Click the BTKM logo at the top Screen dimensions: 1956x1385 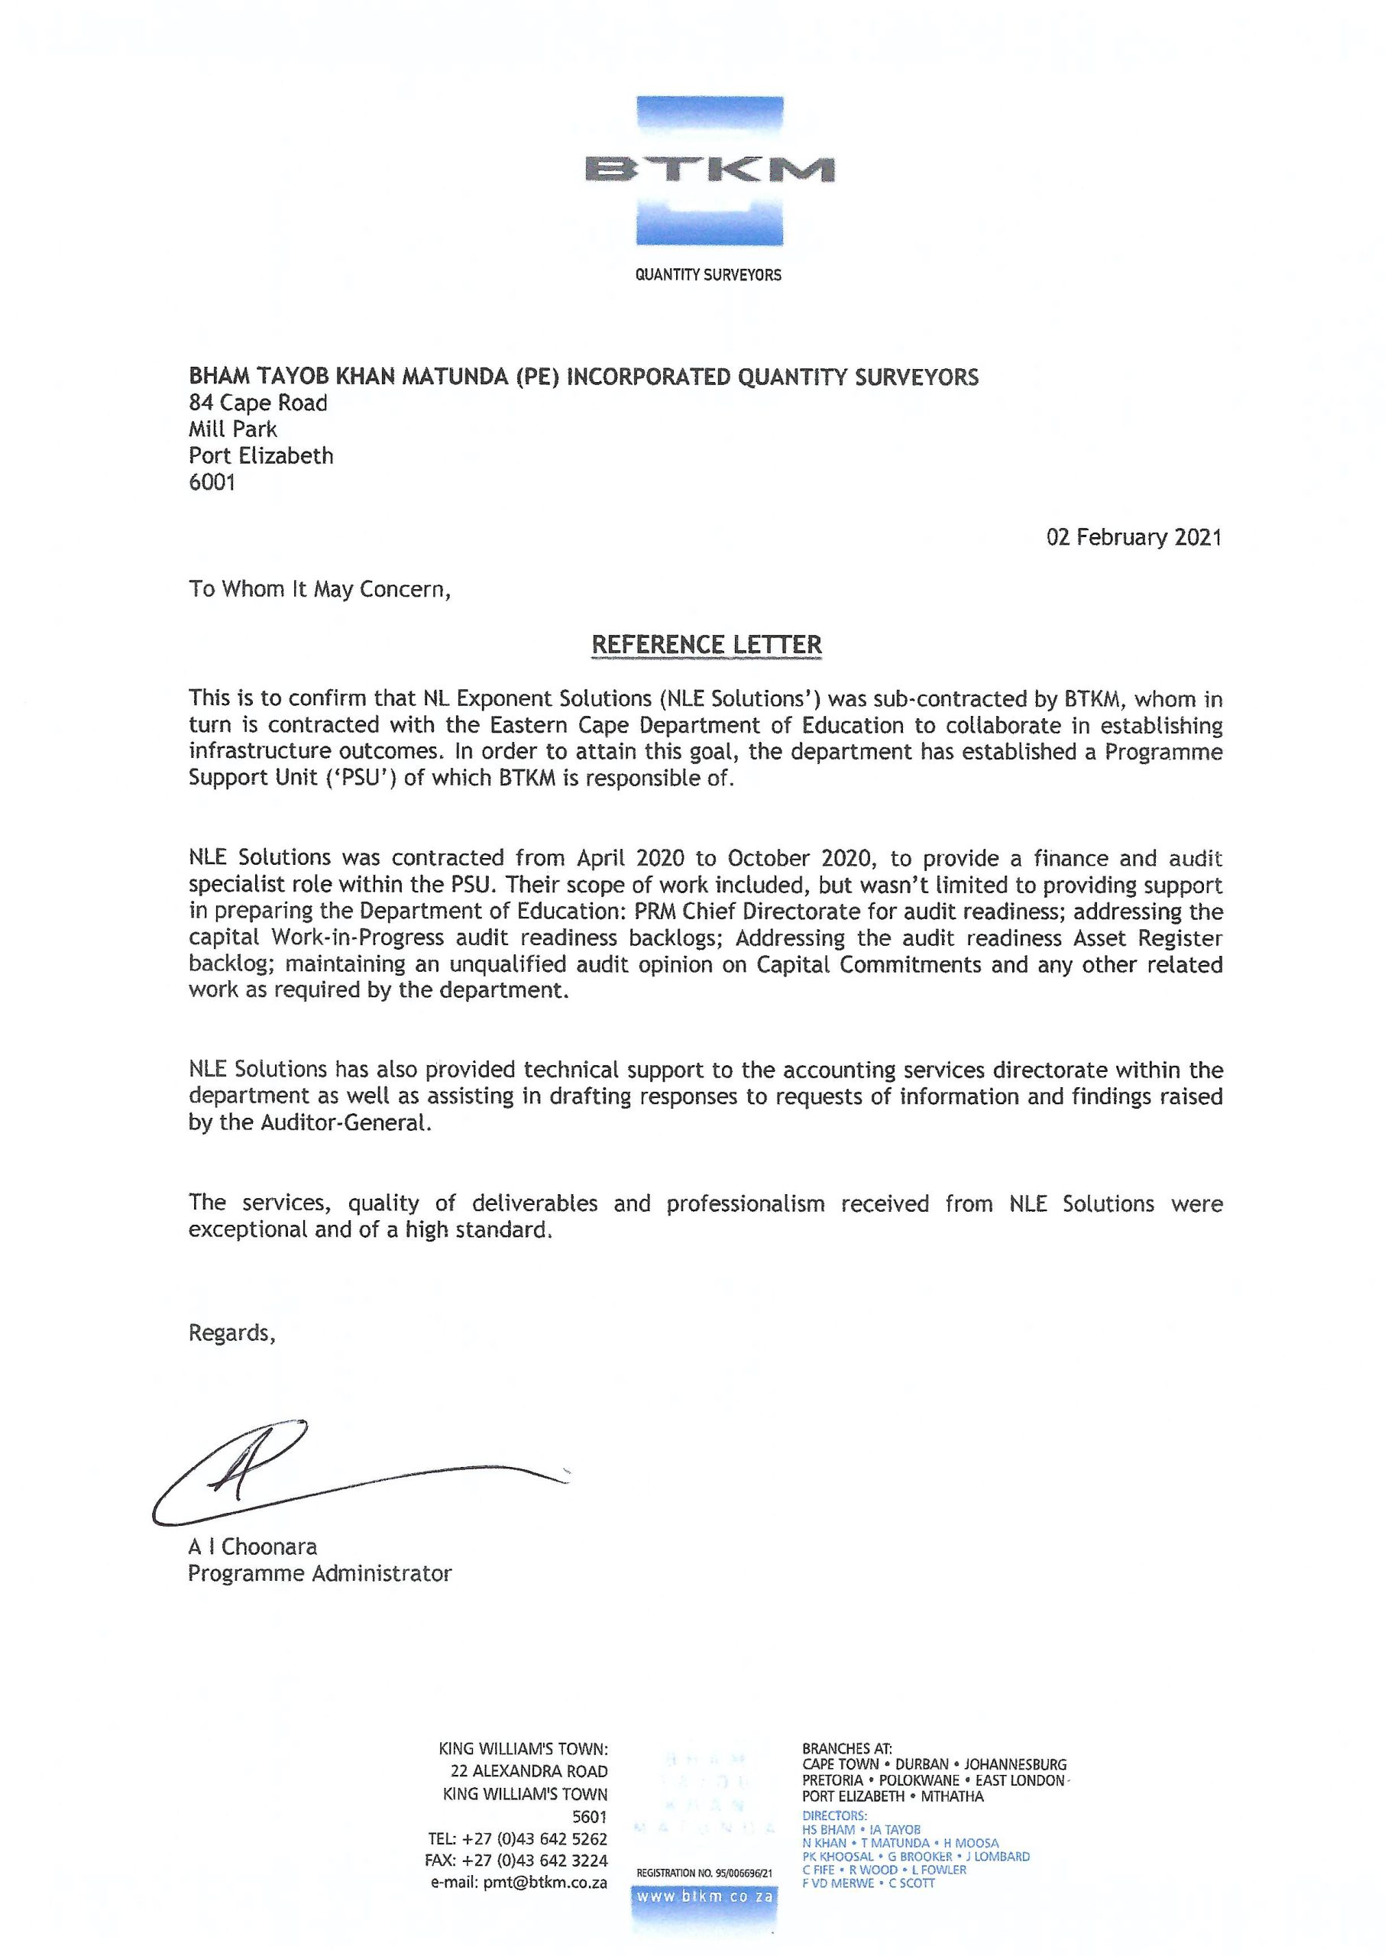click(x=709, y=170)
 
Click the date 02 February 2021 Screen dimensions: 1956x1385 click(x=1134, y=537)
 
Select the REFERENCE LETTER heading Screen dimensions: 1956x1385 click(x=706, y=644)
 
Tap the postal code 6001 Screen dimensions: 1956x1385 click(x=212, y=482)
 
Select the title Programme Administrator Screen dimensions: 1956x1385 click(x=320, y=1573)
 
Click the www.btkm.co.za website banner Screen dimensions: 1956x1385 click(x=704, y=1897)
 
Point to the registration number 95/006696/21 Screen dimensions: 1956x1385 click(x=704, y=1873)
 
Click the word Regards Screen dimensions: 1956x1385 click(x=232, y=1333)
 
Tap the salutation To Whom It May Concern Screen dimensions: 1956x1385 click(x=319, y=589)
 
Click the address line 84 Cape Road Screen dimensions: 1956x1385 click(x=257, y=403)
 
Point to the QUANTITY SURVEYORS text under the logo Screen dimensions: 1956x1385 click(x=708, y=274)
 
